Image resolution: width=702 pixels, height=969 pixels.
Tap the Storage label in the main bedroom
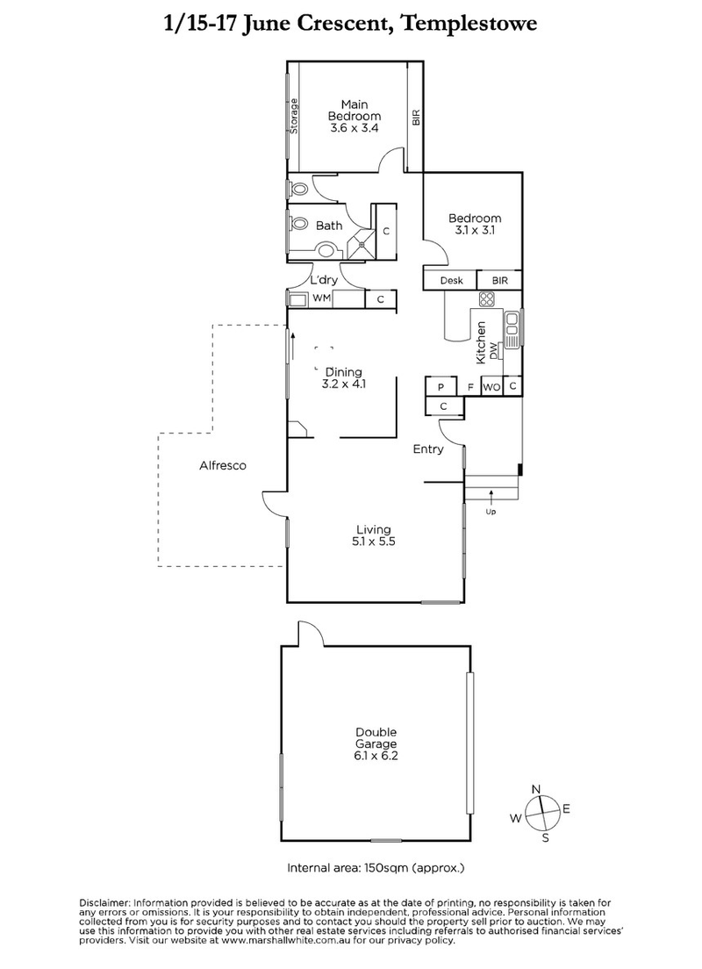295,116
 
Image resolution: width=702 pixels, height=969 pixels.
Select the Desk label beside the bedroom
450,281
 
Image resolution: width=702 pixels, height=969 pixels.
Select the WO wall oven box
491,387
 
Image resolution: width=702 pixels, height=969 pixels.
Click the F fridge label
469,387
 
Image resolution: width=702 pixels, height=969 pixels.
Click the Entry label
428,449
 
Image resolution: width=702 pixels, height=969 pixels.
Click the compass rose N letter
537,788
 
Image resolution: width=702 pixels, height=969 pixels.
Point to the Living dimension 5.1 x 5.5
374,542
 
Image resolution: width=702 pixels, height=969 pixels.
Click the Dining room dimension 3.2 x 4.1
344,384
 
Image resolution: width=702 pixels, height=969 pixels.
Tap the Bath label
329,226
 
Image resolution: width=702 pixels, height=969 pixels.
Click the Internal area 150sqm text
376,868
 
